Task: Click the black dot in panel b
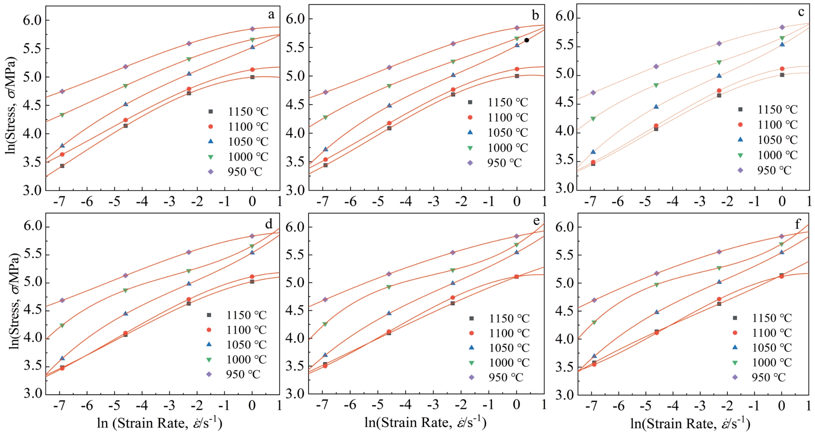[x=526, y=40]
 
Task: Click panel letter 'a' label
[x=271, y=15]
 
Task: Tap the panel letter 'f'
[x=798, y=224]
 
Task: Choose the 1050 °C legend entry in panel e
[x=501, y=348]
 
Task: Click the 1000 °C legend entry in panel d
[x=238, y=360]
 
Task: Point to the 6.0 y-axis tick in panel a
[x=32, y=20]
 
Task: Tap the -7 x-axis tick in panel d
[x=60, y=405]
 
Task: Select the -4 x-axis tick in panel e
[x=405, y=405]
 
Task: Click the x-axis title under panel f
[x=690, y=423]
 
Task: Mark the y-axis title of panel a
[x=12, y=105]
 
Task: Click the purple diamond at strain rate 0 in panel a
[x=252, y=29]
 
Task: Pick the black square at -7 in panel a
[x=62, y=166]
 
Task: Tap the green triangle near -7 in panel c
[x=593, y=119]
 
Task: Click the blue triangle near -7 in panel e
[x=325, y=355]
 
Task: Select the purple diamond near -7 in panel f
[x=594, y=300]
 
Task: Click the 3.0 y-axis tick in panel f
[x=565, y=395]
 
